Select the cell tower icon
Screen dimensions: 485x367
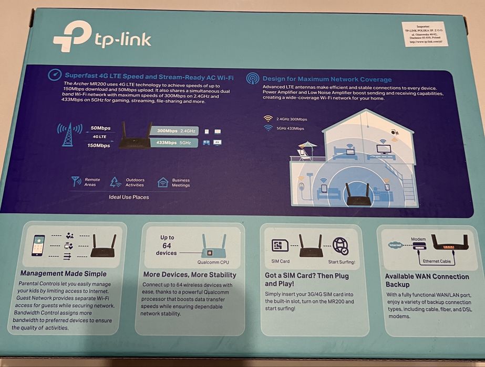[67, 135]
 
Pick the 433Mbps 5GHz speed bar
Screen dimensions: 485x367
[173, 143]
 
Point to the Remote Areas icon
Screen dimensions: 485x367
[76, 181]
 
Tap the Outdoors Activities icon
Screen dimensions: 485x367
[116, 182]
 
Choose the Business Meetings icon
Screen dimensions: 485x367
[163, 182]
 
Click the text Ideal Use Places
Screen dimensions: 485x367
[129, 197]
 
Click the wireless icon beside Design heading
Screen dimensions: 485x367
[253, 79]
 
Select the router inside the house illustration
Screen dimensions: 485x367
[356, 195]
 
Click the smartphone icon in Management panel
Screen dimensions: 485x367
[38, 245]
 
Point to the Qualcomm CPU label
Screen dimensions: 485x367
[213, 262]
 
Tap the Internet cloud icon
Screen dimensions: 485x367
[395, 245]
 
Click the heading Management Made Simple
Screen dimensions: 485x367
[63, 274]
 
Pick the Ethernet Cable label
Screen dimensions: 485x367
[437, 261]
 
